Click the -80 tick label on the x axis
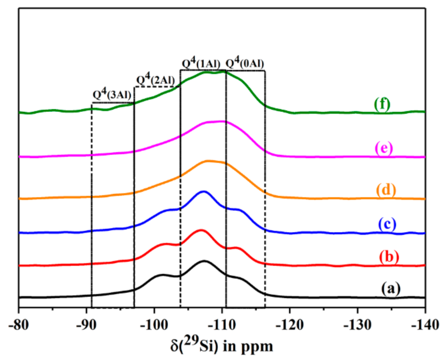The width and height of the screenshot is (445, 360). (x=19, y=325)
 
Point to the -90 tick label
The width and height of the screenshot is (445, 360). (x=86, y=325)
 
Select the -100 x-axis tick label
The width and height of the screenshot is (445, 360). (x=154, y=325)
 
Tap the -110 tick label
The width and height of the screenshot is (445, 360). (x=222, y=325)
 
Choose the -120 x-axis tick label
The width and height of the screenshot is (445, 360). (x=289, y=325)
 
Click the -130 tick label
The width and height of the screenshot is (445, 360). (x=357, y=325)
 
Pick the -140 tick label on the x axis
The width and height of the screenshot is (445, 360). (x=425, y=325)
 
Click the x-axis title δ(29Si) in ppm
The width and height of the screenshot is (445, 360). (x=222, y=345)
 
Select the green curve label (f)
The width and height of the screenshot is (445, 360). (x=382, y=104)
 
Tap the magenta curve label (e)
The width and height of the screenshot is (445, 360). (x=384, y=148)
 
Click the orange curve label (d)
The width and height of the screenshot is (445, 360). (x=386, y=190)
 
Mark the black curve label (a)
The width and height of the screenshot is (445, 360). (x=391, y=288)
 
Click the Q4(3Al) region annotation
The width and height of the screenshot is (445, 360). (x=112, y=94)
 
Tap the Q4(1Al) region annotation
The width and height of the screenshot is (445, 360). (x=201, y=63)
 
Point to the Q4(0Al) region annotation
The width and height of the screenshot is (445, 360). (x=245, y=63)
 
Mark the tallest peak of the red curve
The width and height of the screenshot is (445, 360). (x=201, y=230)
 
